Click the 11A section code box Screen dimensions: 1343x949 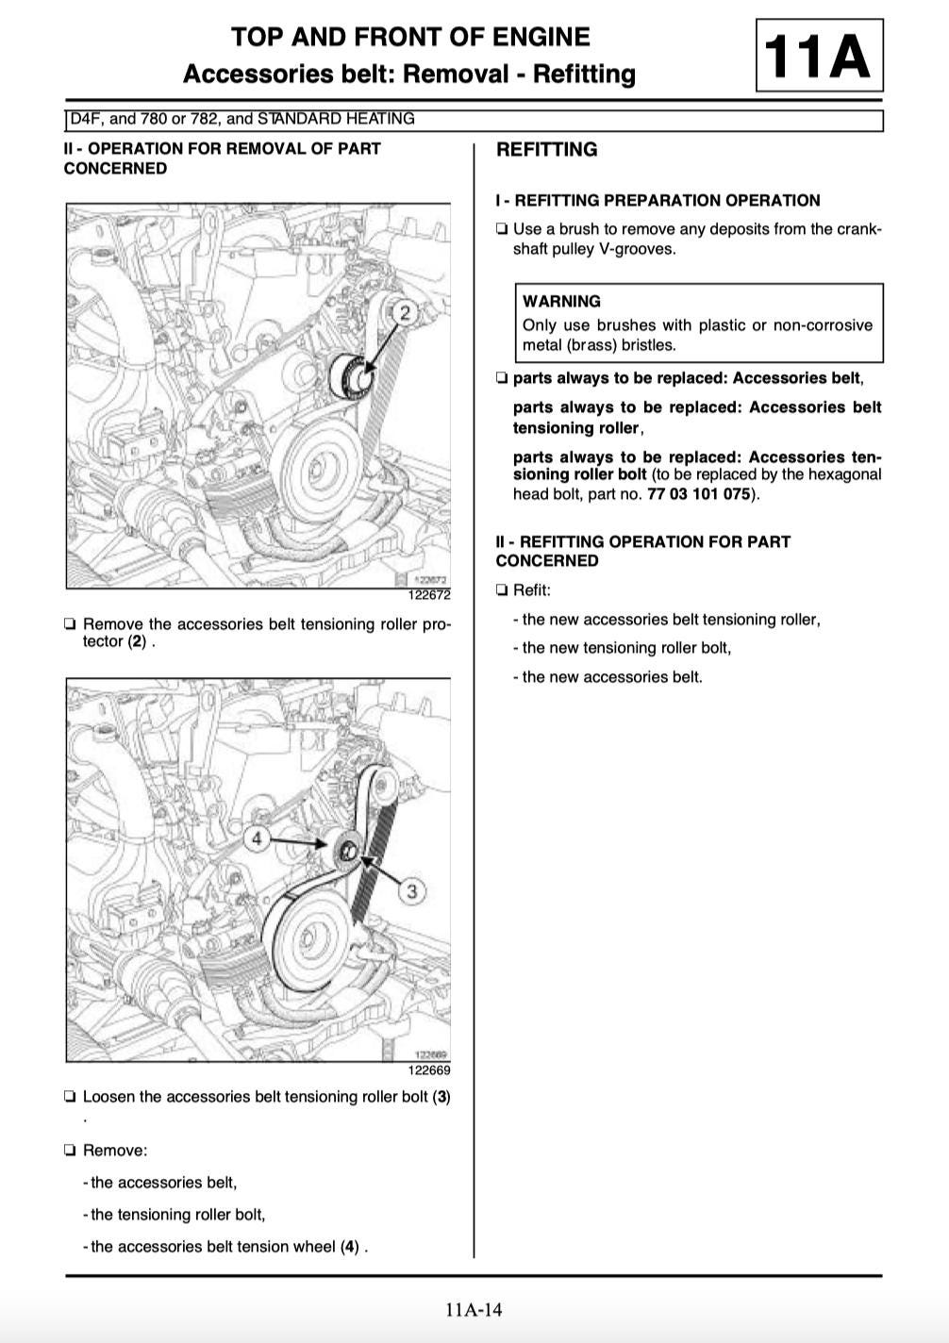click(x=819, y=56)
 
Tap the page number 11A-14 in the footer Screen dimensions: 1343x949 click(x=474, y=1309)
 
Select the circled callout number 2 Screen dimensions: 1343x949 click(x=406, y=313)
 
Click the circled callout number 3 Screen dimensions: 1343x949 click(x=412, y=891)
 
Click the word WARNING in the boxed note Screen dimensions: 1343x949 click(x=561, y=302)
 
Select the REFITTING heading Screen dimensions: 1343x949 click(x=547, y=150)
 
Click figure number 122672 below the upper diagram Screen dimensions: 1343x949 click(x=429, y=595)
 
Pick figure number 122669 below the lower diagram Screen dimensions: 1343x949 click(x=429, y=1070)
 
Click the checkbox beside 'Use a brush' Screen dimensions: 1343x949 click(x=502, y=229)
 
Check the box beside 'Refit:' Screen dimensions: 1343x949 click(x=502, y=590)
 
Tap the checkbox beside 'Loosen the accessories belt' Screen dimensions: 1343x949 click(x=71, y=1097)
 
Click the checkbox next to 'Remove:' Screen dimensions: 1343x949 click(x=71, y=1151)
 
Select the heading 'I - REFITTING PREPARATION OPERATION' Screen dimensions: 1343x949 click(x=658, y=200)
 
